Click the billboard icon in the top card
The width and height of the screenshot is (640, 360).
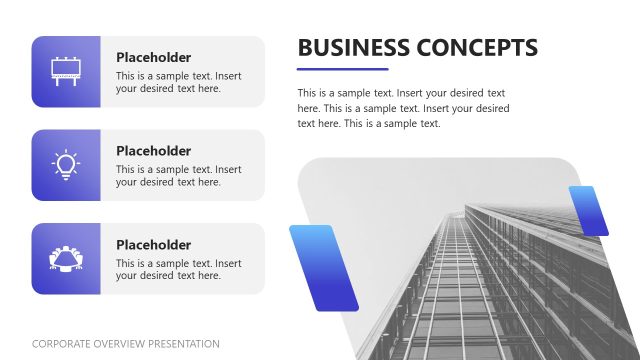66,71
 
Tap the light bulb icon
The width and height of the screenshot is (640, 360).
66,164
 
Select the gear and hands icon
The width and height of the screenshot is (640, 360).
66,258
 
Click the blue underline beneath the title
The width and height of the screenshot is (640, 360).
343,69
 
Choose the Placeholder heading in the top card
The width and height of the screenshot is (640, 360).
153,57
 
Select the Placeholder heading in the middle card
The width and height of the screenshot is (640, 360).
153,151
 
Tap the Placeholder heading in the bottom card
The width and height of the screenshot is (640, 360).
153,244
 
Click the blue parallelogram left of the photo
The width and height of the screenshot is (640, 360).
323,267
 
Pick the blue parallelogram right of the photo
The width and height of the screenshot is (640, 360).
589,211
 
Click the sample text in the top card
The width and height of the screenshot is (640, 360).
178,82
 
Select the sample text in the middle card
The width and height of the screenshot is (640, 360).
178,176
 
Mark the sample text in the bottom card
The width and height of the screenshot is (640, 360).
178,269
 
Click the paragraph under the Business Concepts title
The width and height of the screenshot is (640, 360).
403,108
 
